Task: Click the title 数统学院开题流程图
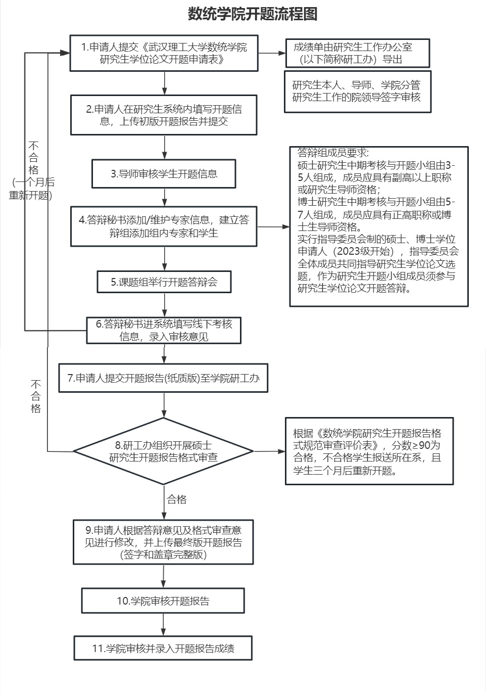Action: pyautogui.click(x=253, y=14)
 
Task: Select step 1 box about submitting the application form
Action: pyautogui.click(x=164, y=53)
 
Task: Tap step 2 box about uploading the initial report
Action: pyautogui.click(x=164, y=115)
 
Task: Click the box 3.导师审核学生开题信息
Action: pyautogui.click(x=164, y=174)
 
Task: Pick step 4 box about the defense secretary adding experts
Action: pyautogui.click(x=164, y=226)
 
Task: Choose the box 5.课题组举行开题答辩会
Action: pyautogui.click(x=164, y=282)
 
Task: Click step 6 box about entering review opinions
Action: pyautogui.click(x=164, y=330)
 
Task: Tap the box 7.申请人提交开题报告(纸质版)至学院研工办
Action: pyautogui.click(x=163, y=378)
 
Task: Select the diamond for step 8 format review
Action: pyautogui.click(x=164, y=451)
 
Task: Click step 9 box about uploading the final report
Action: pyautogui.click(x=163, y=542)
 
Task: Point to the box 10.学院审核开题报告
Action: pyautogui.click(x=163, y=601)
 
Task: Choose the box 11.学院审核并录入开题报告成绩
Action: pyautogui.click(x=163, y=648)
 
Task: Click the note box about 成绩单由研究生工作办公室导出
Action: pyautogui.click(x=357, y=53)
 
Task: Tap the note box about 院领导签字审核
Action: pyautogui.click(x=357, y=91)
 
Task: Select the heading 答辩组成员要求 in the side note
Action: pyautogui.click(x=333, y=153)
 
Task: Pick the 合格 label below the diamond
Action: pyautogui.click(x=177, y=499)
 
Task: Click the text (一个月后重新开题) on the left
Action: pyautogui.click(x=31, y=189)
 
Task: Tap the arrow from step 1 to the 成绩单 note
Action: pyautogui.click(x=272, y=53)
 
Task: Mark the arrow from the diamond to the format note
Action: pyautogui.click(x=269, y=451)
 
